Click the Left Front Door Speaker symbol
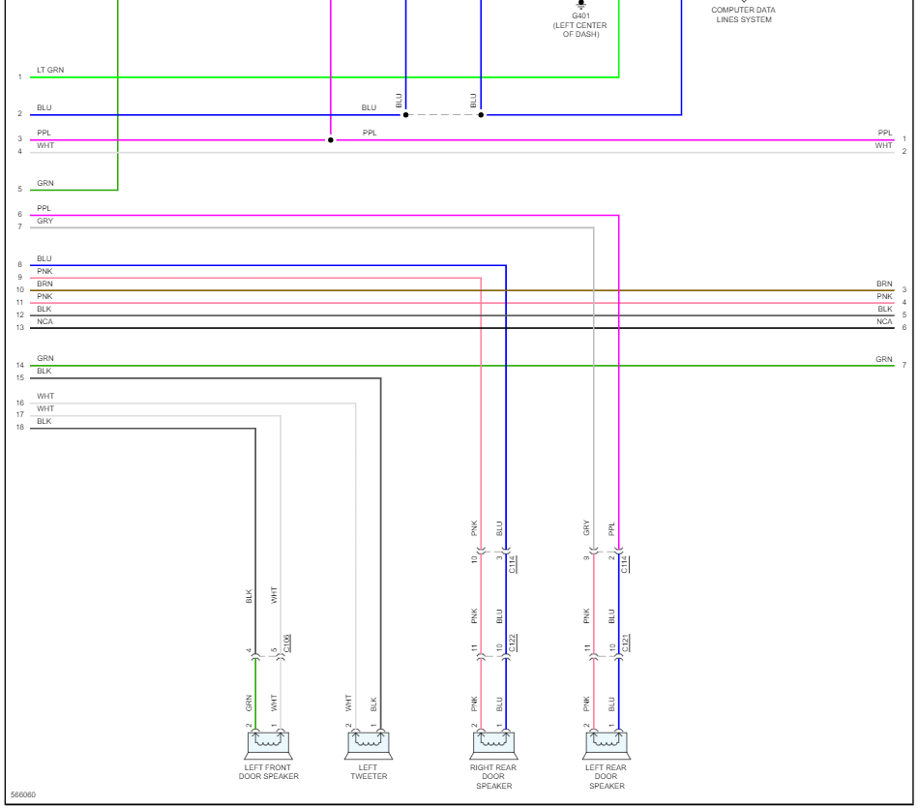[x=268, y=744]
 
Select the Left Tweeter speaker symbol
[x=368, y=744]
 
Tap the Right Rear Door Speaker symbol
[x=493, y=744]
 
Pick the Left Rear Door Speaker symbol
[x=606, y=744]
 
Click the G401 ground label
[x=580, y=15]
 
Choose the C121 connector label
[x=626, y=643]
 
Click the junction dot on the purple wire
[x=331, y=140]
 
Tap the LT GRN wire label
[x=50, y=71]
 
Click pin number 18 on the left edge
[x=19, y=428]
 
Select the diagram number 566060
[x=23, y=795]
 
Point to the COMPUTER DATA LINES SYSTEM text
[x=743, y=15]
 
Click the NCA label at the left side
[x=44, y=321]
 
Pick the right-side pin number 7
[x=904, y=366]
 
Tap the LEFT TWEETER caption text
[x=368, y=771]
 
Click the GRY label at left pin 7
[x=44, y=222]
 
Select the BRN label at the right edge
[x=884, y=284]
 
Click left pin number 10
[x=19, y=290]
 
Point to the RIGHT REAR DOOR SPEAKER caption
[x=493, y=776]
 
